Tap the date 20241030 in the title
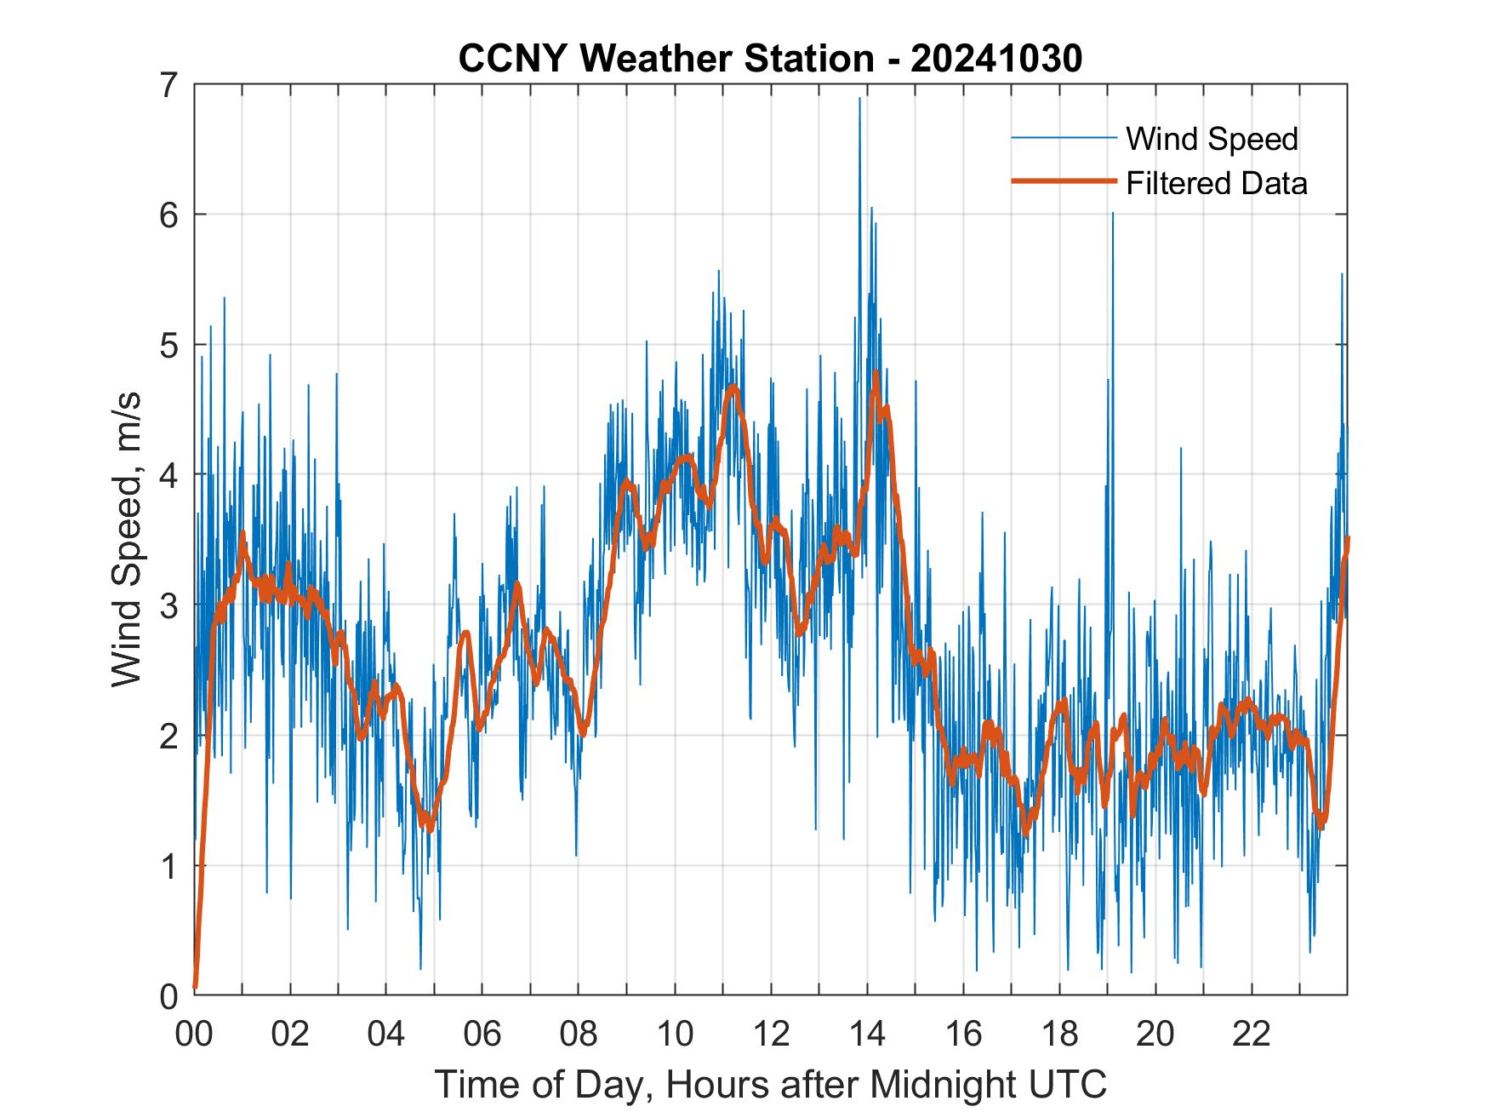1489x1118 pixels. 996,59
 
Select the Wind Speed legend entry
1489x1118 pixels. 1212,139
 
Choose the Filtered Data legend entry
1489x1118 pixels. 1216,183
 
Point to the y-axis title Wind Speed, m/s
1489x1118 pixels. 128,540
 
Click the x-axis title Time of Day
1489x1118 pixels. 545,1084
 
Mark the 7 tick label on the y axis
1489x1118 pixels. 170,84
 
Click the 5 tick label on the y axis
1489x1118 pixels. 170,345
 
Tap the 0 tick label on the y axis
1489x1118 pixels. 170,995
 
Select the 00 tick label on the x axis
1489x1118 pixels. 195,1035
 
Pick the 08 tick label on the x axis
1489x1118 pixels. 579,1035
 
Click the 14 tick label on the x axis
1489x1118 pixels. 867,1035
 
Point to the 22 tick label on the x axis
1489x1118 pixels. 1252,1035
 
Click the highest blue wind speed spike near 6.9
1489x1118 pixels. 859,99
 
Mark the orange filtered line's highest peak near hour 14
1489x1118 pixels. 876,373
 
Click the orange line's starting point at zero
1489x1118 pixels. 196,987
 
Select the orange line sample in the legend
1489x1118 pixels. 1063,181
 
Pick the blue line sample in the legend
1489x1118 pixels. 1063,138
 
